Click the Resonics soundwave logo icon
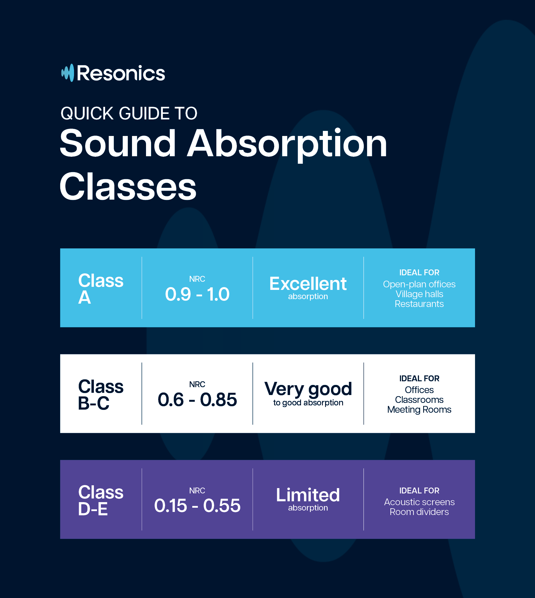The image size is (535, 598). pyautogui.click(x=68, y=73)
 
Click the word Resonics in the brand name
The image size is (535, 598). pyautogui.click(x=121, y=73)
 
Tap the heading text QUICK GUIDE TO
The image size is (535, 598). pyautogui.click(x=129, y=113)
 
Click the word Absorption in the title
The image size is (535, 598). pyautogui.click(x=287, y=144)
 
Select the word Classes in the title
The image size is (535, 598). pyautogui.click(x=128, y=187)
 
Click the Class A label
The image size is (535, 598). pyautogui.click(x=101, y=289)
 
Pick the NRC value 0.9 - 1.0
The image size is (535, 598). pyautogui.click(x=197, y=294)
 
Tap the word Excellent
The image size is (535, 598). pyautogui.click(x=308, y=284)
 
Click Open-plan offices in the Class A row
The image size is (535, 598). pyautogui.click(x=419, y=284)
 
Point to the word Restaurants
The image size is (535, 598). pyautogui.click(x=419, y=304)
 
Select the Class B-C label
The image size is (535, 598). pyautogui.click(x=101, y=394)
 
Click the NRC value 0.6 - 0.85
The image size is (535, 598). pyautogui.click(x=197, y=400)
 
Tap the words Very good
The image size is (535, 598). pyautogui.click(x=308, y=389)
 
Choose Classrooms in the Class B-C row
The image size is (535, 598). pyautogui.click(x=419, y=400)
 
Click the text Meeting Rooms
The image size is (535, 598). pyautogui.click(x=419, y=410)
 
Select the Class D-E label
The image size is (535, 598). pyautogui.click(x=101, y=500)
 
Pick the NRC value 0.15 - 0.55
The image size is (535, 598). pyautogui.click(x=197, y=505)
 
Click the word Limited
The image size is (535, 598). pyautogui.click(x=308, y=495)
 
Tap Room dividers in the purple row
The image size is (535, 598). pyautogui.click(x=419, y=512)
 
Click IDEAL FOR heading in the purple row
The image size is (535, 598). pyautogui.click(x=419, y=490)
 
